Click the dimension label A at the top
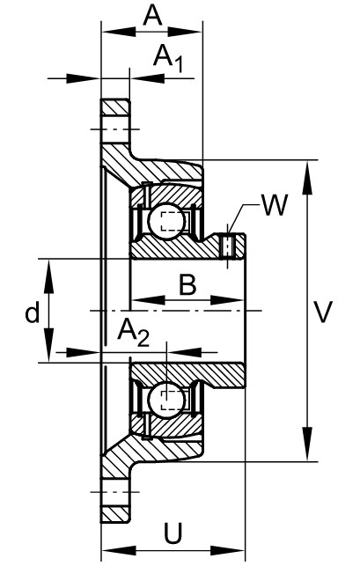(x=152, y=16)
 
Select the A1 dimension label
(x=168, y=58)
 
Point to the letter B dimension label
(x=187, y=284)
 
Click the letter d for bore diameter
(x=33, y=312)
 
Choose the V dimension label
(x=322, y=312)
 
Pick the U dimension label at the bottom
(x=173, y=533)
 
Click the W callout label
(x=275, y=205)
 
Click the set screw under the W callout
(x=227, y=246)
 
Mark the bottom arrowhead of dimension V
(x=307, y=444)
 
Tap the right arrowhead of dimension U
(x=227, y=551)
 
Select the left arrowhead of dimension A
(x=119, y=32)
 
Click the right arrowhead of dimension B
(x=225, y=300)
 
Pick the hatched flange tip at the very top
(x=115, y=107)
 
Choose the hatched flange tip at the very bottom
(x=115, y=514)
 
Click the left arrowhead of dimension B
(x=148, y=300)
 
